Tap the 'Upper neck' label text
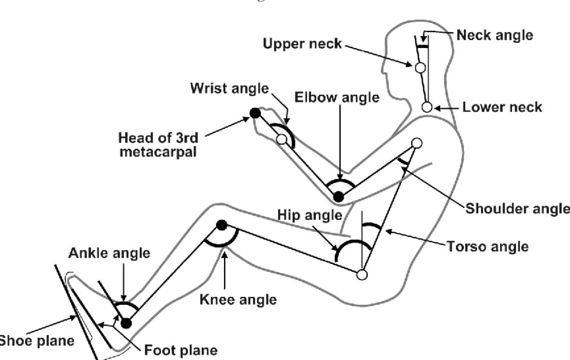tap(302, 44)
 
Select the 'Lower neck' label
tap(502, 107)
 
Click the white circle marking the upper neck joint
tap(420, 68)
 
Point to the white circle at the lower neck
tap(427, 107)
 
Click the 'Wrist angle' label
tap(229, 88)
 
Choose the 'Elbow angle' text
tap(337, 97)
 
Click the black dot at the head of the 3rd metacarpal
tap(255, 113)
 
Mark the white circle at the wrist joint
tap(281, 139)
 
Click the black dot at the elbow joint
tap(339, 196)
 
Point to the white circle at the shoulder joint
tap(416, 143)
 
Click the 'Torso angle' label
tap(488, 246)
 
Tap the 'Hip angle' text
tap(309, 215)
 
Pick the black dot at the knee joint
tap(221, 225)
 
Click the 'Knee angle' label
tap(238, 299)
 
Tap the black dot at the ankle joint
tap(126, 323)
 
